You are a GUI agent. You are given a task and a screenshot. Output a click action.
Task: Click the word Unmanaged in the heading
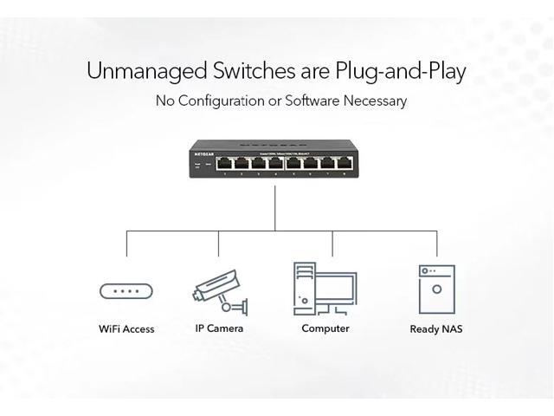pos(144,71)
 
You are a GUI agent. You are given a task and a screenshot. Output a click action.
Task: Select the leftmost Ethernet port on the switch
pos(224,161)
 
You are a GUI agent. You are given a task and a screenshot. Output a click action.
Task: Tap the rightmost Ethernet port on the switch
pos(344,161)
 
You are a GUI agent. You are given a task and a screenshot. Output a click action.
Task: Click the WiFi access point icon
pos(126,291)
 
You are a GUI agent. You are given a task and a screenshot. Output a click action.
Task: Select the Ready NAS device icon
pos(436,289)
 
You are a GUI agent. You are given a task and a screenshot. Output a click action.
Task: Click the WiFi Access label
pos(126,328)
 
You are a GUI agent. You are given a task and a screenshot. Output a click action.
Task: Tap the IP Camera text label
pos(219,328)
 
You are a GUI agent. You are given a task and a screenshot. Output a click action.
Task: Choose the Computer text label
pos(325,328)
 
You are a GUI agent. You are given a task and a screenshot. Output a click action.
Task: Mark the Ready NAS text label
pos(436,329)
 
